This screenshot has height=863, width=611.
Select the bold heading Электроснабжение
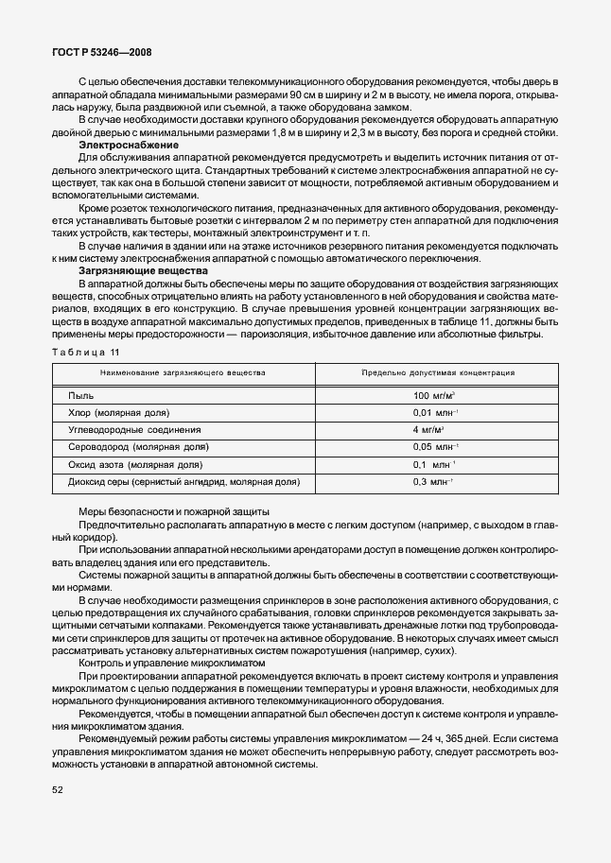(128, 145)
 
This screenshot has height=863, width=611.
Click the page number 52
(58, 788)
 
